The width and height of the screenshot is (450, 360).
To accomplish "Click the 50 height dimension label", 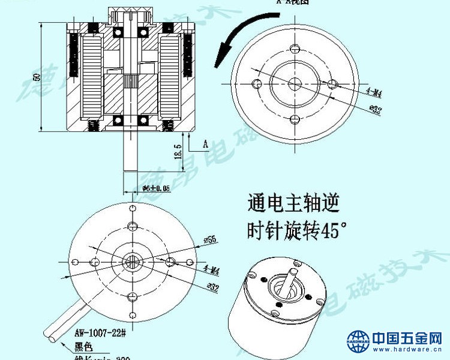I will click(x=37, y=77).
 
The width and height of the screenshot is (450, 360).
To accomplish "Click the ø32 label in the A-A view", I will click(x=375, y=109).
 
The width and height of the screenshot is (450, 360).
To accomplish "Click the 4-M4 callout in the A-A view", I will click(x=373, y=93).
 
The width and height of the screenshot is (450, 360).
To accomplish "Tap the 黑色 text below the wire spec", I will click(x=83, y=346).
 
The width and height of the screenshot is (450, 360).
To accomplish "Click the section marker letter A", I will click(x=205, y=145).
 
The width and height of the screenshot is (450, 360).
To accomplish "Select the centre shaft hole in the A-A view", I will click(x=294, y=83).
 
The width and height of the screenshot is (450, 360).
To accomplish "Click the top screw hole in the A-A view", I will click(x=294, y=48).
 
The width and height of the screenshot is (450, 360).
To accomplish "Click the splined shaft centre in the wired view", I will click(x=131, y=261).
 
